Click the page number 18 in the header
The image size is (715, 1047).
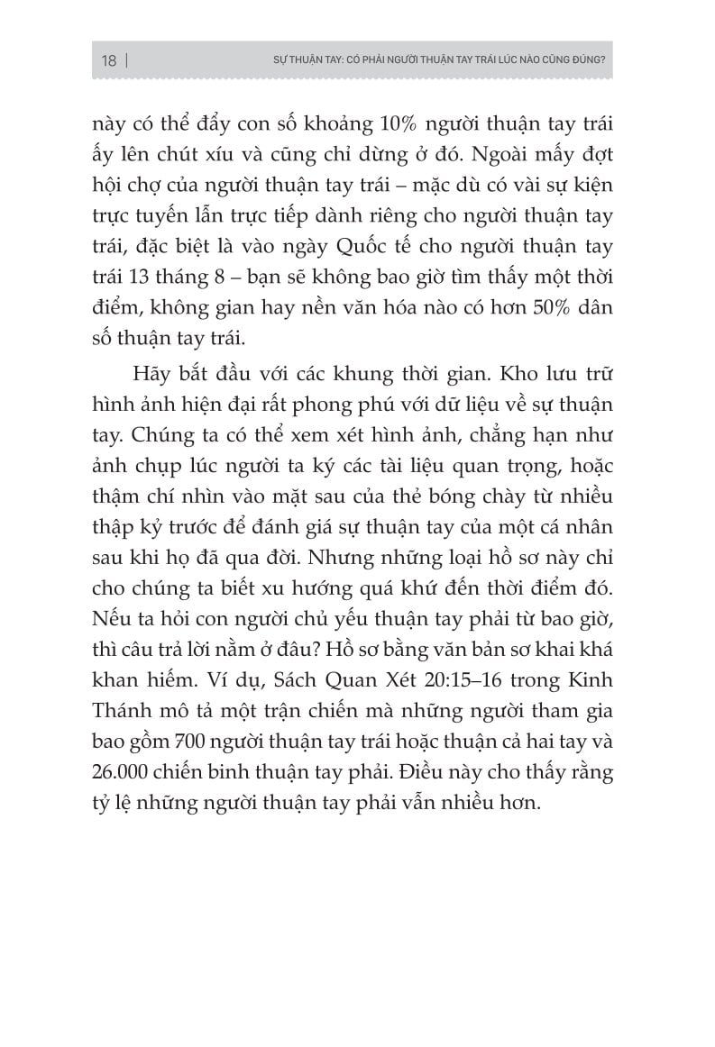(x=108, y=62)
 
